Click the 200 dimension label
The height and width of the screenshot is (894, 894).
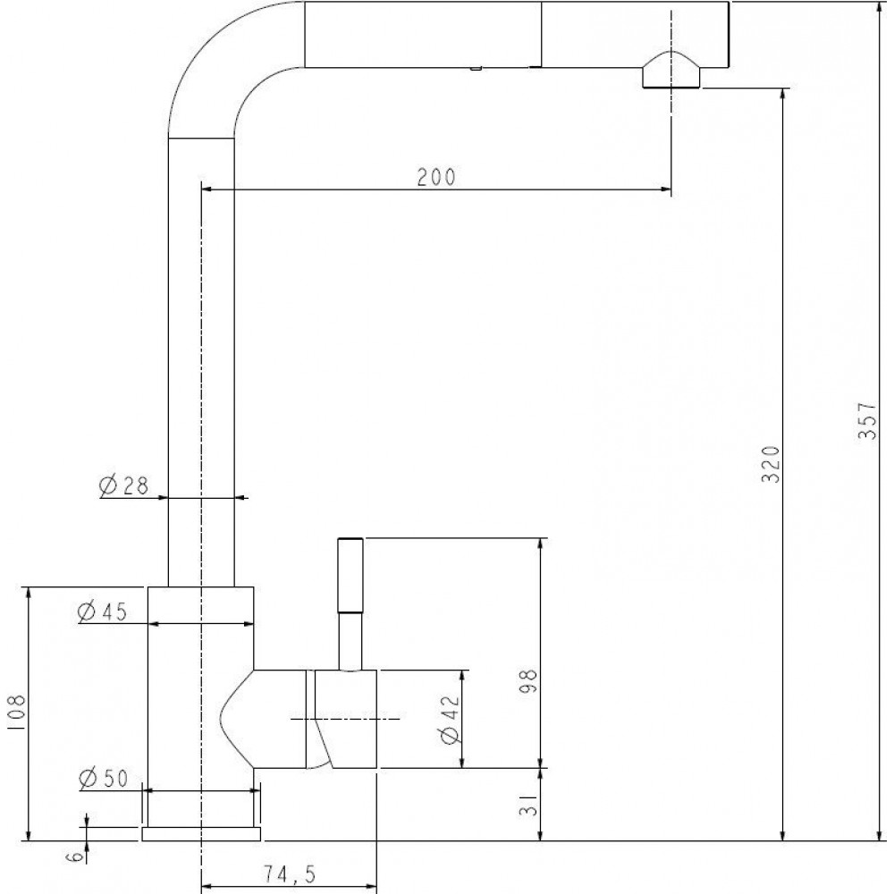pos(436,177)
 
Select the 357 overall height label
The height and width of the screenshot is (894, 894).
pos(866,420)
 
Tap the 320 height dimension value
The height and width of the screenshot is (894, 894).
pos(771,464)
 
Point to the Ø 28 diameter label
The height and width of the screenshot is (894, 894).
pos(123,485)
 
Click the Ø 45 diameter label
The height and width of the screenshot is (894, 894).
pos(102,611)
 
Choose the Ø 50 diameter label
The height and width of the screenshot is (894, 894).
pos(104,779)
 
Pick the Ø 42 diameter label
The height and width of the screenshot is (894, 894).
pos(450,720)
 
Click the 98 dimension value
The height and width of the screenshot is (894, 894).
pos(528,680)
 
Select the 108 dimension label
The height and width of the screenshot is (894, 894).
pos(16,713)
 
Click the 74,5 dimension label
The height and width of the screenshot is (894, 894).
pos(289,873)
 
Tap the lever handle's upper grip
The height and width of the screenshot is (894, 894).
pos(350,575)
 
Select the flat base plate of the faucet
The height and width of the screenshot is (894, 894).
pos(201,833)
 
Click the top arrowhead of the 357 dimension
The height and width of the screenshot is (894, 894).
pos(881,8)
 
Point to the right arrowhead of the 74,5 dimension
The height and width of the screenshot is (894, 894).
pos(370,888)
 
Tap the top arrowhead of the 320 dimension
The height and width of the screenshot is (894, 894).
pos(785,96)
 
